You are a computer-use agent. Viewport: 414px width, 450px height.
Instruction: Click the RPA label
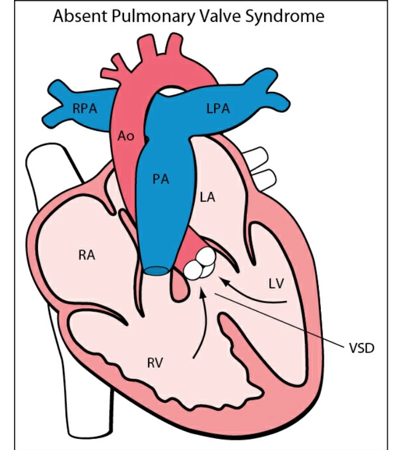(84, 108)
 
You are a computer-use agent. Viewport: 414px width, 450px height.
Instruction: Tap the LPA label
(218, 108)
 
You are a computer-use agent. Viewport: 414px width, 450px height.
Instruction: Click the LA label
(208, 197)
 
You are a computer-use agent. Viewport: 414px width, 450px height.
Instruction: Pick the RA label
(86, 256)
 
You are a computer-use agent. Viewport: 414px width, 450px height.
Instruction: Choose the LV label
(276, 284)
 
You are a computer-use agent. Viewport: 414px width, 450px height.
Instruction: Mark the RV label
(155, 363)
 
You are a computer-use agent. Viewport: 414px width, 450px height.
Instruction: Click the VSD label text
(361, 347)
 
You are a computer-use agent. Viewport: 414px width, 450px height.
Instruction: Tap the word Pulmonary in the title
(148, 17)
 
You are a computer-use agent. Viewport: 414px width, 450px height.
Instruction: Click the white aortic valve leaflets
(200, 263)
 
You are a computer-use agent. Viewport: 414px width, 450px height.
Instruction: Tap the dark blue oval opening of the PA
(157, 272)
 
